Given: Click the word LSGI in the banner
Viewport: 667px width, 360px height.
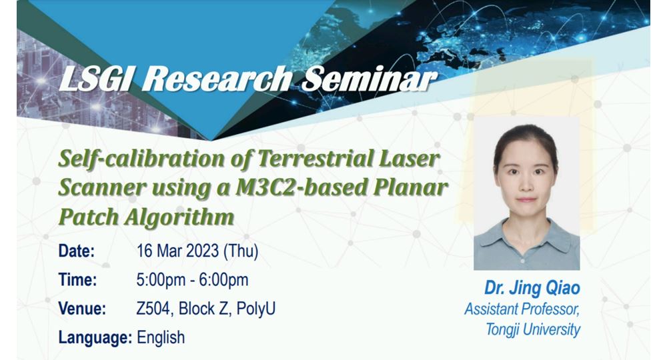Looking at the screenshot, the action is (96, 79).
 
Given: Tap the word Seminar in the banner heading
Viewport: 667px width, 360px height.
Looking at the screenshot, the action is (370, 79).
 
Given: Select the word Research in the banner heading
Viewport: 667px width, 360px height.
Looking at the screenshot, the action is (217, 79).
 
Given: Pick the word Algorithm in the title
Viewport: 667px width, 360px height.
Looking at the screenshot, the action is (179, 217).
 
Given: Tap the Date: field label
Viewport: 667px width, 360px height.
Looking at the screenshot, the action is (77, 251).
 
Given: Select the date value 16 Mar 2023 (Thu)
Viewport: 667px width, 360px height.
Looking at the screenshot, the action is (197, 251).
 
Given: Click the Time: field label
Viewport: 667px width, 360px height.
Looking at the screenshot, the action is (77, 280).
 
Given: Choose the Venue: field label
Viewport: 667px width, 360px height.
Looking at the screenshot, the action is (82, 309).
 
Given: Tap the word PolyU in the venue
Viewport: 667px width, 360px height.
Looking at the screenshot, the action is (256, 309).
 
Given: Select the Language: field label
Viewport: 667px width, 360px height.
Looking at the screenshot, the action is (95, 338).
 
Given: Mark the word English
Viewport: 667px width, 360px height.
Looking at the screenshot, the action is (161, 338).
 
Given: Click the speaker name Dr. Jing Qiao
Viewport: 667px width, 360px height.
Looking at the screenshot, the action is (532, 288).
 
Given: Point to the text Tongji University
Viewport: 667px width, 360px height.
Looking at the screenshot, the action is (533, 329).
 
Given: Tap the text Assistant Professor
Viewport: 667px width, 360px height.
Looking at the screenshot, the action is (522, 309).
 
